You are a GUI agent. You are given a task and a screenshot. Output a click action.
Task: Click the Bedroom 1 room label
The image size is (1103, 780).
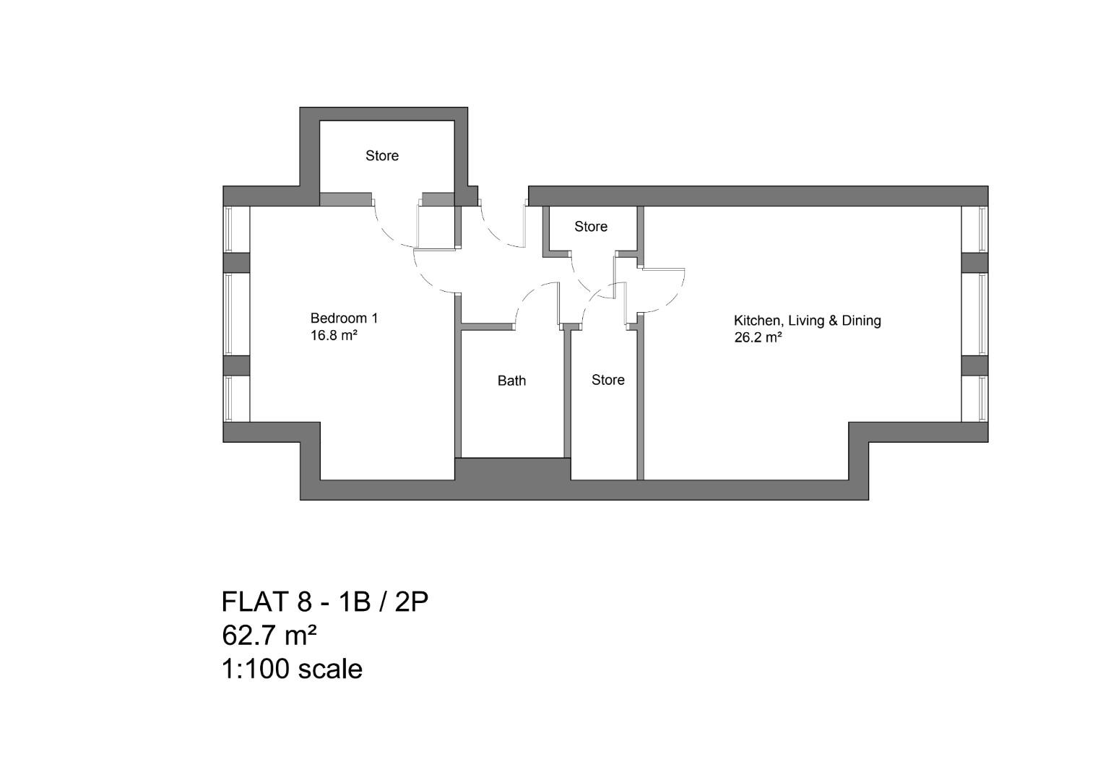[x=344, y=318]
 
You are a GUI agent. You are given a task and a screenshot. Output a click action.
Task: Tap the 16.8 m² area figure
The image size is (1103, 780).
[x=334, y=336]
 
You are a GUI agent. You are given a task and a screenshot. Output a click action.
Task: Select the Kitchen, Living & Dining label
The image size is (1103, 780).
[x=807, y=320]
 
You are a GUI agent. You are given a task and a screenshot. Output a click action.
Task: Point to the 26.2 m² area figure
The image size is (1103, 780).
[x=758, y=337]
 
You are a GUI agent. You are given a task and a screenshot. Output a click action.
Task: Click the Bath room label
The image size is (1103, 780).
[x=511, y=381]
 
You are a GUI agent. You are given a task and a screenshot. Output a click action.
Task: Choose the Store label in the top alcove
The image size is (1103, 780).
[x=381, y=155]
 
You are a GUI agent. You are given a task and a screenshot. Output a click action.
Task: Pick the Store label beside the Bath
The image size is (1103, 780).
[x=607, y=380]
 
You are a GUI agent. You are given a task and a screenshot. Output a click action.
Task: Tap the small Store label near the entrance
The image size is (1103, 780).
[x=590, y=226]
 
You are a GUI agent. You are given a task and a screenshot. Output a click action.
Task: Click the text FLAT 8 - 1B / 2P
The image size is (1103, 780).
[x=324, y=602]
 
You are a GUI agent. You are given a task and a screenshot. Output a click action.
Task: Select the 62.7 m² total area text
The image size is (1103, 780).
[x=269, y=636]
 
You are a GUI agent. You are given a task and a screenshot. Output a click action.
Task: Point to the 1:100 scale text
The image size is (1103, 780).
[x=292, y=669]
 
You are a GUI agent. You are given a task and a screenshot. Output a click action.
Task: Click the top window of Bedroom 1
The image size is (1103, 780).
[x=229, y=229]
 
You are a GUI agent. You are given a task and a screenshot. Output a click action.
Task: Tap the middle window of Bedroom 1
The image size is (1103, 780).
[x=229, y=314]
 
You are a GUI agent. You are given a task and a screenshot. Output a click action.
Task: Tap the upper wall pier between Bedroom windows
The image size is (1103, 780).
[x=236, y=262]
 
